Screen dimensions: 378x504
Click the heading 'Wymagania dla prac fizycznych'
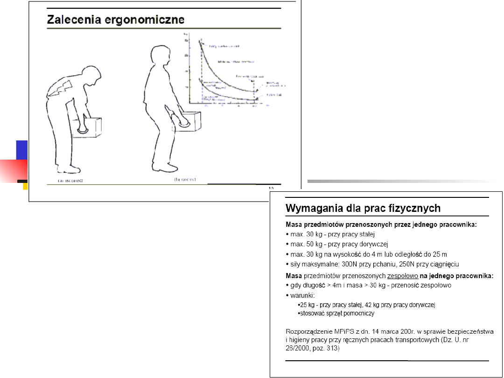click(363, 208)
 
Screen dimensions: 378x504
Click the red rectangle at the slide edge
click(14, 170)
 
